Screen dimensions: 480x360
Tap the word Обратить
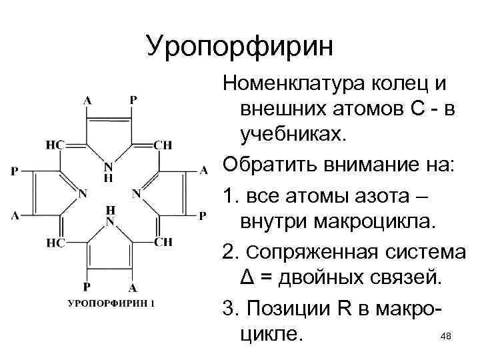[x=268, y=161]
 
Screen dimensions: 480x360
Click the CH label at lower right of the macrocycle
[x=163, y=242]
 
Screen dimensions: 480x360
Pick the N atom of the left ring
[x=83, y=194]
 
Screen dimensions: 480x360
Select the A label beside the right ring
[x=204, y=171]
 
